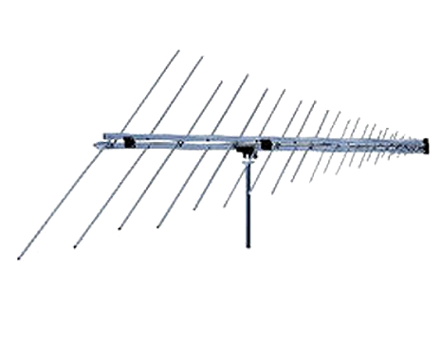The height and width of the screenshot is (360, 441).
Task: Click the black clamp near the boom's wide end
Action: (126, 143)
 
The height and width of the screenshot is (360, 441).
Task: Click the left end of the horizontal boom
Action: (97, 143)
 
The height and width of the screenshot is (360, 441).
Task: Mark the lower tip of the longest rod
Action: (19, 256)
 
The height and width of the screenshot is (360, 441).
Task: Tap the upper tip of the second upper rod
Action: (202, 56)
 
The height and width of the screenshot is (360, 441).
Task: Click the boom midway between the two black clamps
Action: (194, 144)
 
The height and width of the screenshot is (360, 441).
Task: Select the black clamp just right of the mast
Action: (266, 146)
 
